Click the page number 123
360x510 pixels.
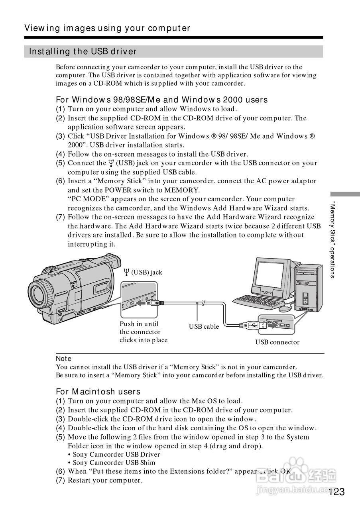(x=337, y=492)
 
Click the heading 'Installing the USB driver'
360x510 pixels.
(x=83, y=51)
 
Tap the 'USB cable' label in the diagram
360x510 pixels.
(x=204, y=326)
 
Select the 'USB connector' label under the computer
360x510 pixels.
(x=277, y=342)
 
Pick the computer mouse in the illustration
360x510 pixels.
(x=285, y=309)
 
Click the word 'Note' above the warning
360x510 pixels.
(x=63, y=359)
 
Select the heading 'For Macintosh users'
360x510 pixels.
(x=98, y=392)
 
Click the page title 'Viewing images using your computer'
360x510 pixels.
(x=107, y=28)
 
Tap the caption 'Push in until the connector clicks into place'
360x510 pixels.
(x=143, y=332)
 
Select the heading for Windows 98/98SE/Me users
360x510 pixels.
(x=161, y=100)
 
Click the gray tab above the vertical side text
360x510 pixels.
(x=344, y=194)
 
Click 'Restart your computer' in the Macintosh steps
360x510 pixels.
(x=105, y=480)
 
